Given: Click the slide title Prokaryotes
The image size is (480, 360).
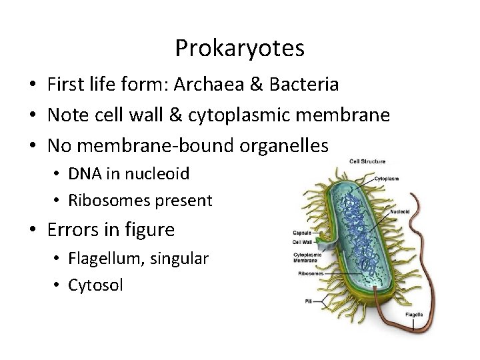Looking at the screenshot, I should tap(239, 48).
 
